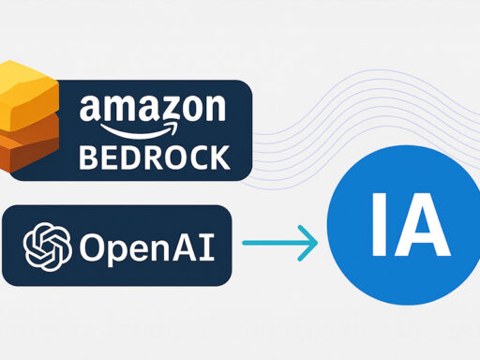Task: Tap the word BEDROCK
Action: (154, 156)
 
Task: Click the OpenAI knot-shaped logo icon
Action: (48, 246)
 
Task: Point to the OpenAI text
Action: (146, 247)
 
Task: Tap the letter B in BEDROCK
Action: (90, 156)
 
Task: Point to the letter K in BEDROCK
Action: (217, 156)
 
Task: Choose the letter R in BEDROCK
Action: (153, 156)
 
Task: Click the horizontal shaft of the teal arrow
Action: (272, 244)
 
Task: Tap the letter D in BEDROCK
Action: (131, 156)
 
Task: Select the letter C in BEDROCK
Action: (196, 156)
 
